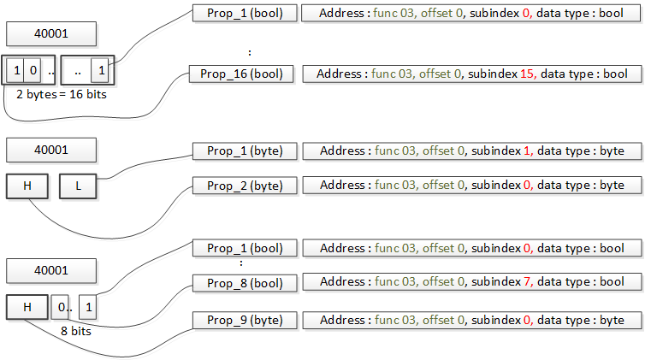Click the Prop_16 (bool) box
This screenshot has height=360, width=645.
(241, 74)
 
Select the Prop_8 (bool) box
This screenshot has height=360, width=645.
(244, 282)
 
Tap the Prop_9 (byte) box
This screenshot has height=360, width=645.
(244, 320)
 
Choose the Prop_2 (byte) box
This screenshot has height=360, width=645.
(244, 185)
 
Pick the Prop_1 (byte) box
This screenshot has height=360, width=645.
(244, 151)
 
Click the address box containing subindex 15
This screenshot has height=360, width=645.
(471, 74)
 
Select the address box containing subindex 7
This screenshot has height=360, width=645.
(471, 282)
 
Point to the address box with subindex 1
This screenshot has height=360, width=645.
(471, 151)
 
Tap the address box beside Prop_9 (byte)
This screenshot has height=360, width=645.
(471, 320)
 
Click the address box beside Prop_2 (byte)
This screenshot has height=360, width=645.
(471, 185)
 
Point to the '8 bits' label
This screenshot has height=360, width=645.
(75, 328)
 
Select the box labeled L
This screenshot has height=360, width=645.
(78, 186)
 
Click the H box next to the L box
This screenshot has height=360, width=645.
(27, 186)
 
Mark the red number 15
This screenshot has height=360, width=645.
(527, 74)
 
